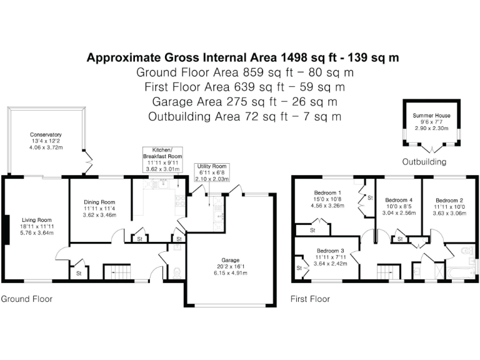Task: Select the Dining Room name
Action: tap(100, 202)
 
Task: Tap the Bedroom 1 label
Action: tap(327, 192)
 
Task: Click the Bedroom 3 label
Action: tap(331, 251)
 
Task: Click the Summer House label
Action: tap(431, 116)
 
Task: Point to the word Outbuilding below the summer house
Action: tap(424, 162)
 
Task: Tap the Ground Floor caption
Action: tap(26, 299)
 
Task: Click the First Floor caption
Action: tap(310, 299)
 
